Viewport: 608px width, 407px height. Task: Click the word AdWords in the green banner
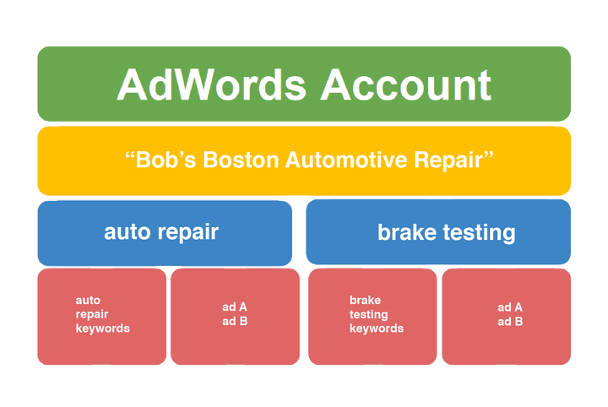[x=212, y=85]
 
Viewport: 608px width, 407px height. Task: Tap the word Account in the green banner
[x=406, y=85]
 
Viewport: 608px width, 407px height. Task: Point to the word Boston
[x=241, y=160]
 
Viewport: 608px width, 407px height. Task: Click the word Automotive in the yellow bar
[x=346, y=160]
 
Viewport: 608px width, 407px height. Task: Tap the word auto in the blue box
[x=127, y=232]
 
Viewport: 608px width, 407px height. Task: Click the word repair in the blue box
[x=188, y=233]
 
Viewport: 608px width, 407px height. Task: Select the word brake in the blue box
[x=407, y=232]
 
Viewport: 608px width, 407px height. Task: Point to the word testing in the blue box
[x=480, y=233]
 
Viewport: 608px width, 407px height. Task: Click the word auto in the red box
[x=88, y=301]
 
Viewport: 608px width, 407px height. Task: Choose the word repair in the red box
[x=92, y=314]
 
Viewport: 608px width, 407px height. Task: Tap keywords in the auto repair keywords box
[x=103, y=328]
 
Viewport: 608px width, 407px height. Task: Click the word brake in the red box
[x=366, y=300]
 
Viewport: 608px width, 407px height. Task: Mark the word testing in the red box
[x=369, y=314]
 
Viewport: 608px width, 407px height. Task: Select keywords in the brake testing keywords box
[x=377, y=328]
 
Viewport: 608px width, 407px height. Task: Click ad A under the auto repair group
[x=235, y=307]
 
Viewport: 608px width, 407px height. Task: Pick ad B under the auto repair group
[x=235, y=322]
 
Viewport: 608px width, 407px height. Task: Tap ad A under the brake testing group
[x=510, y=307]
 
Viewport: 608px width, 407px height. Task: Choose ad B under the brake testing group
[x=510, y=322]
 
